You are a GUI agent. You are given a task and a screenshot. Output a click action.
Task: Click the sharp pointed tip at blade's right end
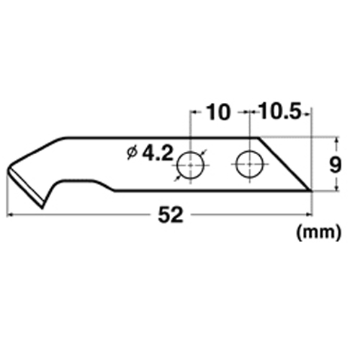pos(311,191)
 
